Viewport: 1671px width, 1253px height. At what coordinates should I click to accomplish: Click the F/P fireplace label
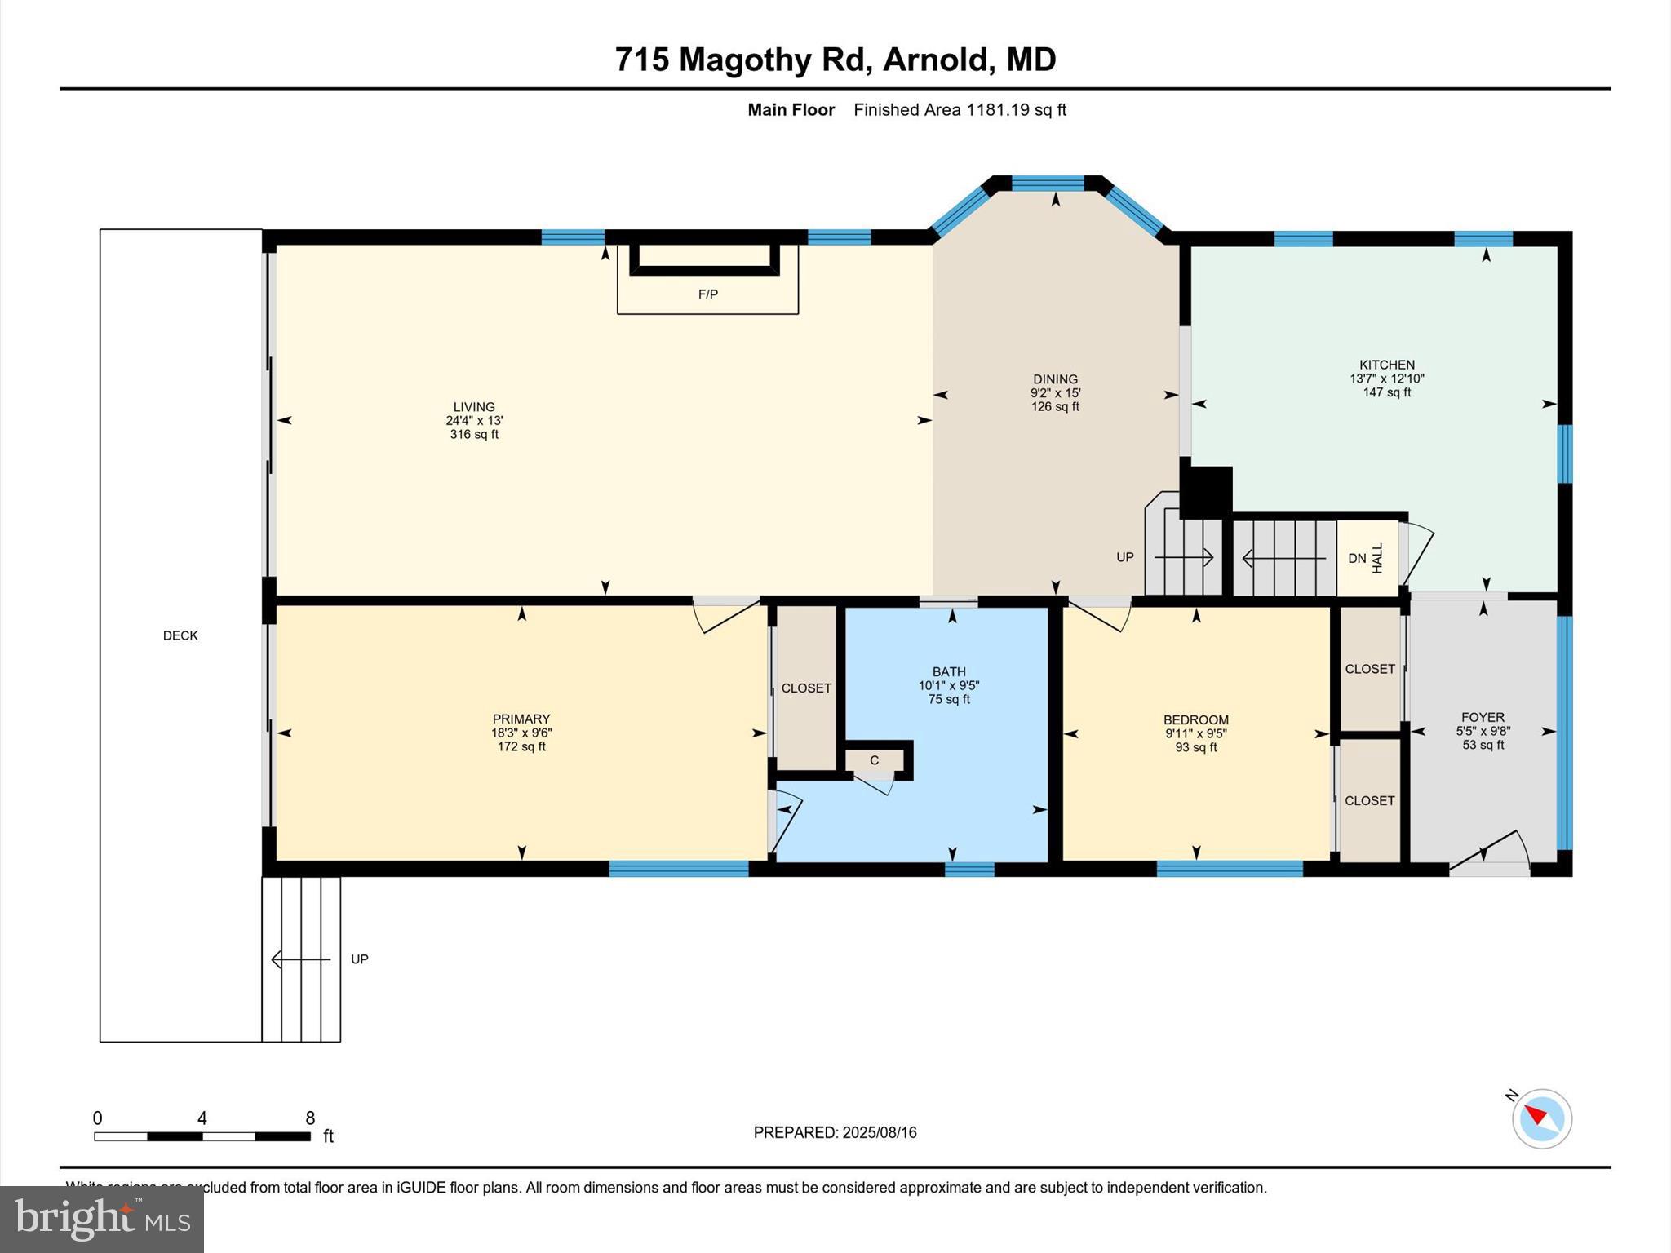(x=707, y=294)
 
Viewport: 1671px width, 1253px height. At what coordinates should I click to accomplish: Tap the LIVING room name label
(x=474, y=406)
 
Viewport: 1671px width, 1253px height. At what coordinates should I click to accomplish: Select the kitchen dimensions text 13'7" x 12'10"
(x=1386, y=379)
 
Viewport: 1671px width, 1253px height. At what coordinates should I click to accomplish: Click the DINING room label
(x=1055, y=379)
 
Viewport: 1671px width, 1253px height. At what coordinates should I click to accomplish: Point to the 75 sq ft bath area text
(x=948, y=700)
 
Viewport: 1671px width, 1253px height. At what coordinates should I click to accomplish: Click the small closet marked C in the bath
(x=874, y=760)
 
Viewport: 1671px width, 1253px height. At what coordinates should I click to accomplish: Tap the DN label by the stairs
(x=1357, y=558)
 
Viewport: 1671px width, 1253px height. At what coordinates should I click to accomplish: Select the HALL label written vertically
(x=1378, y=558)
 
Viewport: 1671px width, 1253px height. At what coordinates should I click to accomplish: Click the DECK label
(x=180, y=635)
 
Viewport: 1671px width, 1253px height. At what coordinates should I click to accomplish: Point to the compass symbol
(x=1541, y=1118)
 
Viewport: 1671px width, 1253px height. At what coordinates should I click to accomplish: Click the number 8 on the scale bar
(x=310, y=1118)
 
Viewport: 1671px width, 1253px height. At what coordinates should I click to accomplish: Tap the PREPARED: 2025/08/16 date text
(x=835, y=1132)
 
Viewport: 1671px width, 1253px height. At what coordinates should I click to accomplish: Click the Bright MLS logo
(x=102, y=1219)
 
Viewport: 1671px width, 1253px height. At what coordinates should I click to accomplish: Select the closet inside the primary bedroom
(x=806, y=688)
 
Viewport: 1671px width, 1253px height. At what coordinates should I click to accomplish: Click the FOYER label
(x=1483, y=718)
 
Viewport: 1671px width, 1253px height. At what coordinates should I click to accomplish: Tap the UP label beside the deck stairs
(x=360, y=959)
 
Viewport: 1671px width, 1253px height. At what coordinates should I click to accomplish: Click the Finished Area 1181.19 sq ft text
(x=960, y=110)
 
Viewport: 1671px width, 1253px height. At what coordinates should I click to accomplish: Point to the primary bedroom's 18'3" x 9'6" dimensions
(x=521, y=733)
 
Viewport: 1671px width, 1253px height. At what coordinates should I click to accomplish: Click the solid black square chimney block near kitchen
(x=1206, y=492)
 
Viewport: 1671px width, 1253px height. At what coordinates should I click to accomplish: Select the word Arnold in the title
(x=938, y=60)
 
